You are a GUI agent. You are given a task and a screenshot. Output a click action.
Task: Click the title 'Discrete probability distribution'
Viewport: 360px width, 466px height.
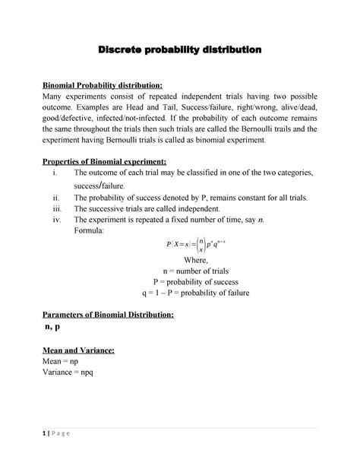180,49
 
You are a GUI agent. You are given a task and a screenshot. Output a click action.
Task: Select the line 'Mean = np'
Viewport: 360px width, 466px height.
62,362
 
